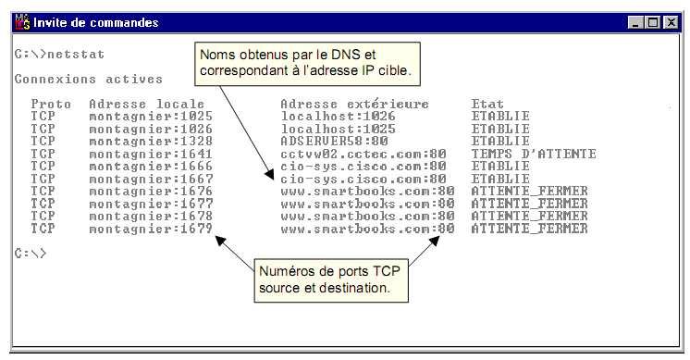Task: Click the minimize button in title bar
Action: [x=635, y=22]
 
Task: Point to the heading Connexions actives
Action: [x=88, y=80]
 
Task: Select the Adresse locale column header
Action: [x=147, y=105]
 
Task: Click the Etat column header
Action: [x=487, y=105]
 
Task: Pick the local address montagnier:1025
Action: [x=151, y=117]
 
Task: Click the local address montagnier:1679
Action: [x=151, y=228]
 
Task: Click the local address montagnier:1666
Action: [x=151, y=167]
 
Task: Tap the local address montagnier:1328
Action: [x=151, y=142]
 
